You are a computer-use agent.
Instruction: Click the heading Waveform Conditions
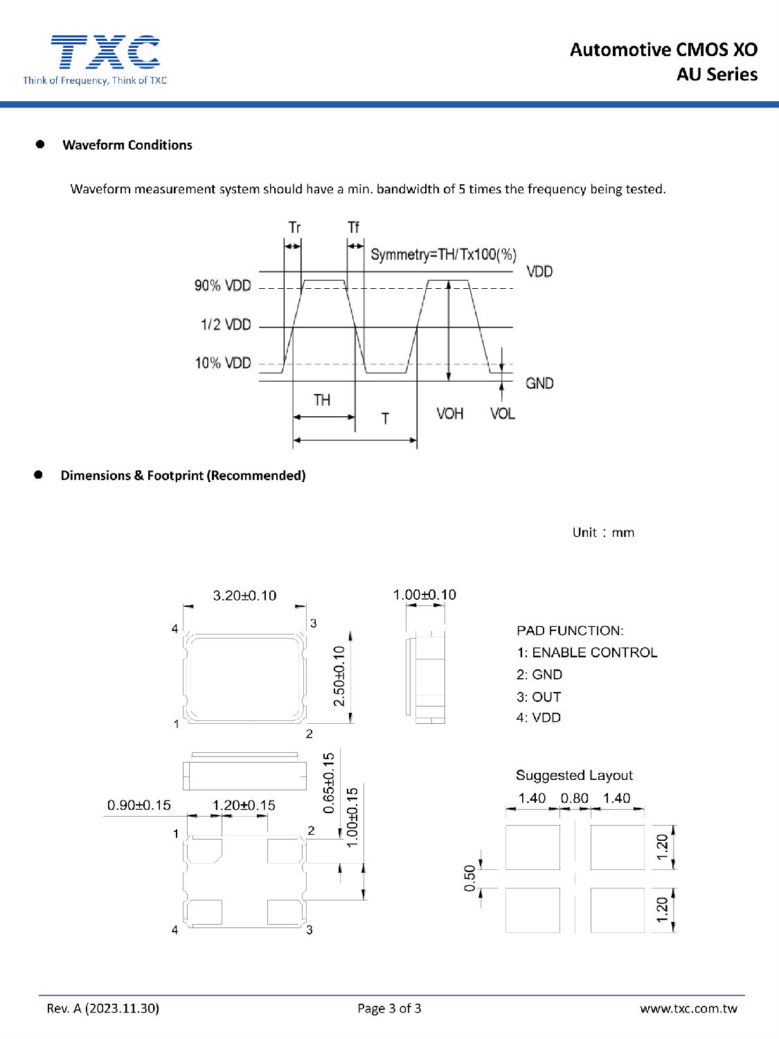127,145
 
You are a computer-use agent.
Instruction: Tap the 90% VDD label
222,285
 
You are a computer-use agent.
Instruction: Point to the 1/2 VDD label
226,325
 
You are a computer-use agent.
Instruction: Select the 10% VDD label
222,363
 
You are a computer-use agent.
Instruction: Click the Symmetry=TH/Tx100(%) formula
443,254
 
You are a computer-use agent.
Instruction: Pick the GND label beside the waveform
539,383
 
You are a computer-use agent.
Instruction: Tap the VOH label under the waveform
449,414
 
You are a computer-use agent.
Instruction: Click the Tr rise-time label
294,227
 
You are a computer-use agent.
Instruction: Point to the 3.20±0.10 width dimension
244,596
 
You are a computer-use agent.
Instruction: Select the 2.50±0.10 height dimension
339,676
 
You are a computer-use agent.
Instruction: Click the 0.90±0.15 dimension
138,805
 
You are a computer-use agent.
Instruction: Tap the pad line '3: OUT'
539,697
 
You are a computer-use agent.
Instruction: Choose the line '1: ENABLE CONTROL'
587,652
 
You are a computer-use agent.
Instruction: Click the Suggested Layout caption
574,775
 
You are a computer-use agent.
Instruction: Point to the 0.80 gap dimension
575,798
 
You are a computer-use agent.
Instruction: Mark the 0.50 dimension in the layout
470,878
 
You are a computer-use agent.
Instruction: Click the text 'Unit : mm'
603,533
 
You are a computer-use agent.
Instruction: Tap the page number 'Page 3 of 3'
389,1008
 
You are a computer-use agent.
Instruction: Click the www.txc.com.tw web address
688,1008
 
